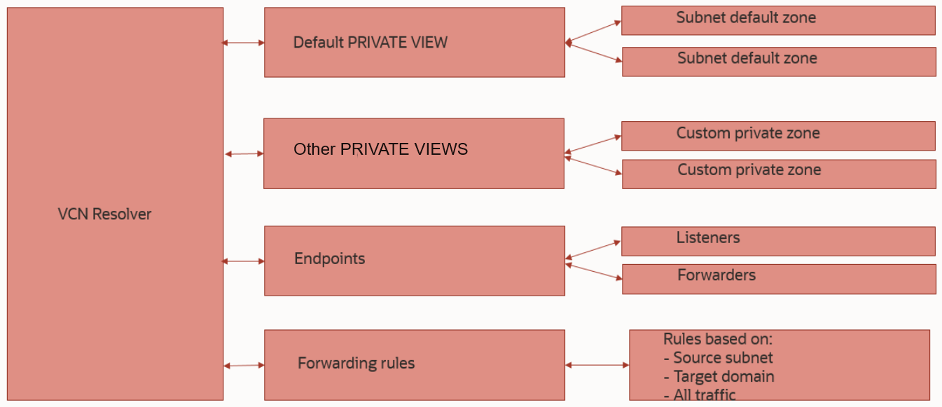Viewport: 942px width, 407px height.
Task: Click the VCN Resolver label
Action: point(104,214)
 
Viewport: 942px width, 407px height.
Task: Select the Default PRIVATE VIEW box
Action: point(414,42)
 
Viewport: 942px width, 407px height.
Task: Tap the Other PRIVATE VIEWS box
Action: point(413,153)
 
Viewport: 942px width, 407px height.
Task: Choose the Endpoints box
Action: point(414,261)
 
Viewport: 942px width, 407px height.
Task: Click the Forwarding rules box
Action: point(414,364)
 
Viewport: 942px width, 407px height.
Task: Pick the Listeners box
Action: point(778,241)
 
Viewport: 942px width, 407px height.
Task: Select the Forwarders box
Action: point(779,279)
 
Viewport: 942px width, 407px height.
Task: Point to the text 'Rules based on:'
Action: point(718,339)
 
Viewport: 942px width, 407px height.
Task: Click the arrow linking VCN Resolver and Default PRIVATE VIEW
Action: point(244,43)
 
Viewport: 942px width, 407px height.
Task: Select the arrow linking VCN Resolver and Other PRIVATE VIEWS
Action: point(244,153)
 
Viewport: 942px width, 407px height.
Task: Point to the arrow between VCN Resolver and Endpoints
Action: point(244,261)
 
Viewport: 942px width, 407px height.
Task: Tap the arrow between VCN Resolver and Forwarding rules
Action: point(244,365)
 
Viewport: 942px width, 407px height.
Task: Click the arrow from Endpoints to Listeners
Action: point(593,250)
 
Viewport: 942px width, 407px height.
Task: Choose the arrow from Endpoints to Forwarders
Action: point(593,271)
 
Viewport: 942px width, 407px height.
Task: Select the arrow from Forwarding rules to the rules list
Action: point(597,365)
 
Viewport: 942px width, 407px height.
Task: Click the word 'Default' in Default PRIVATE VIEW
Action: point(314,42)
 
